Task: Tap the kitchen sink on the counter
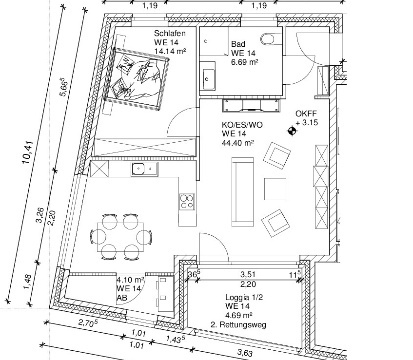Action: coord(144,169)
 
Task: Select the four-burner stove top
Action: coord(187,201)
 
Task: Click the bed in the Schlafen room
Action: coord(137,78)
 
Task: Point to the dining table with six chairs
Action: coord(120,237)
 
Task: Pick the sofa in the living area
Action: coord(243,192)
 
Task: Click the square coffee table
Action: coord(275,189)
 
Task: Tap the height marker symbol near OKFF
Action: coord(292,131)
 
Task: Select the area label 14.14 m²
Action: coord(170,51)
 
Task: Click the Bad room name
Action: coord(238,44)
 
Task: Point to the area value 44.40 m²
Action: coord(238,143)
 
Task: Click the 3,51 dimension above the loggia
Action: coord(248,274)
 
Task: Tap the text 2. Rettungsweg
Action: coord(238,325)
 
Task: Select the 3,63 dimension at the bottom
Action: coord(245,353)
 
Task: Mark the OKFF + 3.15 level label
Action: coord(307,118)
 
